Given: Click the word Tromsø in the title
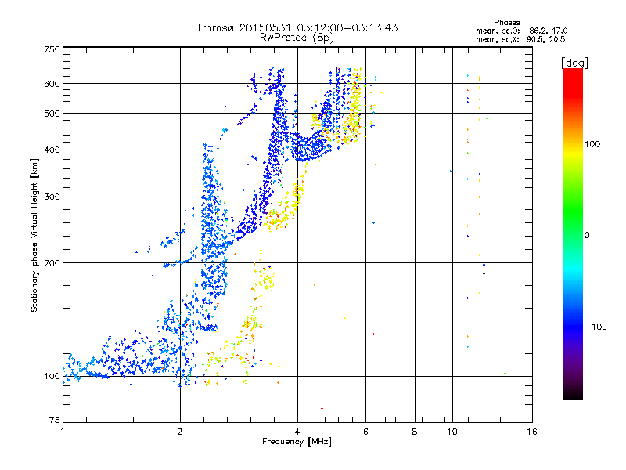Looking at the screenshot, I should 214,27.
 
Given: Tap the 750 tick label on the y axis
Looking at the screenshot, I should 51,49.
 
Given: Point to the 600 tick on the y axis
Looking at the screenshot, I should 51,84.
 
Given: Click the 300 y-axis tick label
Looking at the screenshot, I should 51,197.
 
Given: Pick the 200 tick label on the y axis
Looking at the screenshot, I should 51,263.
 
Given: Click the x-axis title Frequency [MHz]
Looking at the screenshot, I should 297,442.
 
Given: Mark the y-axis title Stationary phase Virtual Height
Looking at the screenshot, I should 34,235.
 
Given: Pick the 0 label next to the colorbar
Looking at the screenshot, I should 588,235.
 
